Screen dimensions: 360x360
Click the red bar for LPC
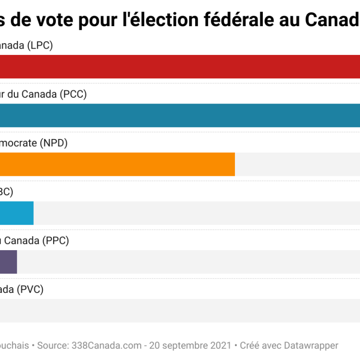(x=180, y=67)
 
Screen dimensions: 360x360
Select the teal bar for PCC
(x=180, y=116)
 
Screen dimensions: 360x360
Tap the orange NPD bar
(x=117, y=164)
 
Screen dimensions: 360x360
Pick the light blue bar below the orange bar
(x=17, y=213)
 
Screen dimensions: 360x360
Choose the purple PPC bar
(x=9, y=262)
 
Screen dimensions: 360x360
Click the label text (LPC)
(x=40, y=46)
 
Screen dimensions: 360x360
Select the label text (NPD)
(x=54, y=143)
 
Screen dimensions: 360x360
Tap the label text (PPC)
(x=55, y=241)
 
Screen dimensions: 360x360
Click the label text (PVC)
(x=30, y=289)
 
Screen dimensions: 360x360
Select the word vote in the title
(x=54, y=20)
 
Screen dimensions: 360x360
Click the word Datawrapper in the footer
(x=311, y=346)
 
